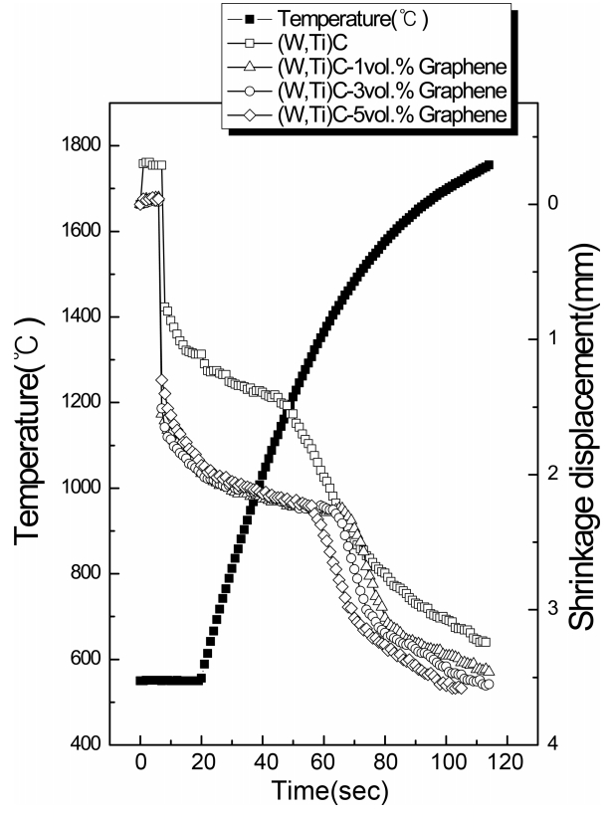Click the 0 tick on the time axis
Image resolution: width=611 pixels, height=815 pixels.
click(x=140, y=768)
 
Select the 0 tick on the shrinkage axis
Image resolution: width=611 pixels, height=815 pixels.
click(x=553, y=203)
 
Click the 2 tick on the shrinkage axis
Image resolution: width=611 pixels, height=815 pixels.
click(x=553, y=474)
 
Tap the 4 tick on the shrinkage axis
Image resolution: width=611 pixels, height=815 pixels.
click(x=553, y=744)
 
